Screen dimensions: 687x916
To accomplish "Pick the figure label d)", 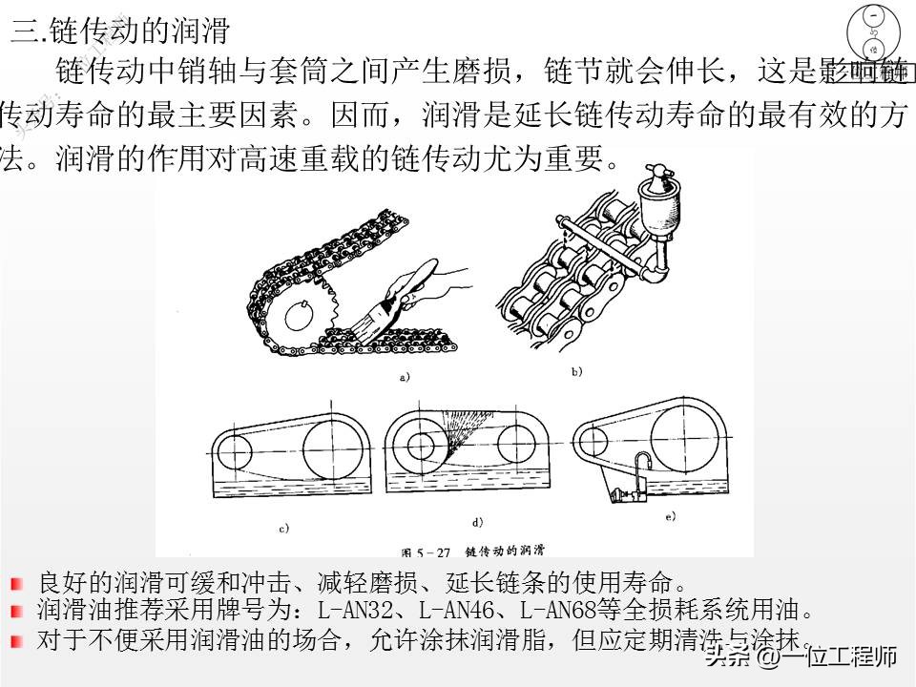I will pos(477,522).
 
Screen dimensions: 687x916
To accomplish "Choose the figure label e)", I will pos(670,517).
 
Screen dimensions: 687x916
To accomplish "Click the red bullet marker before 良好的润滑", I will pos(16,582).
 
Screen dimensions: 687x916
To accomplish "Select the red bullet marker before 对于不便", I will pos(16,640).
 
